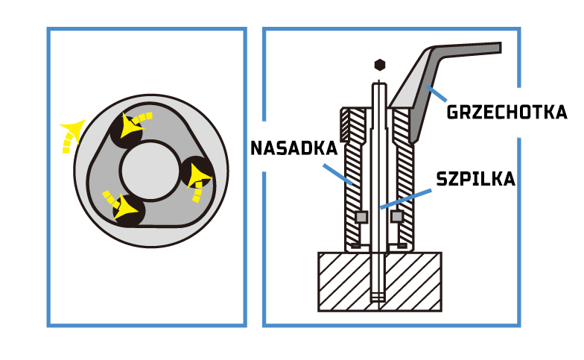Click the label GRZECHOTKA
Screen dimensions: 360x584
tap(507, 113)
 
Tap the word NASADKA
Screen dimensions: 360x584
tap(293, 148)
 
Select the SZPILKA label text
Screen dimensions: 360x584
tap(475, 179)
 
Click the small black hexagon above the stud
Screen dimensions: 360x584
tap(379, 64)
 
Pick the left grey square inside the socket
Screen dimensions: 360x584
tap(361, 217)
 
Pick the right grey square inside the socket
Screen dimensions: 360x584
tap(397, 217)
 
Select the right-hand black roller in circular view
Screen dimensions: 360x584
tap(196, 171)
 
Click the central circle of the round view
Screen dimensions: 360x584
tap(150, 171)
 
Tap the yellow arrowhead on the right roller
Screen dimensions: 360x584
tap(198, 176)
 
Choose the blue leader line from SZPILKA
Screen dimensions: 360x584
tap(406, 198)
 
